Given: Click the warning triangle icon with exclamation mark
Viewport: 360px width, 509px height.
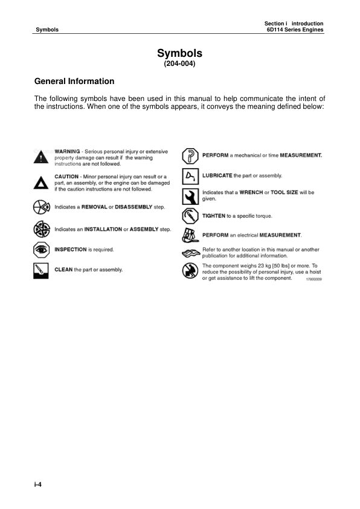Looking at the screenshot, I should click(40, 158).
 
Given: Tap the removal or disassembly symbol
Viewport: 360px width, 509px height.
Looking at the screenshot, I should click(40, 207).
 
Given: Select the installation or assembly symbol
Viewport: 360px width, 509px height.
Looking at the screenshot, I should click(40, 230).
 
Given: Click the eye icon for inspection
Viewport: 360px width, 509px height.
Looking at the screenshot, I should click(40, 249).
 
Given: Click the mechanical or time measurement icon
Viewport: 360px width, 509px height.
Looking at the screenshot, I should click(190, 155).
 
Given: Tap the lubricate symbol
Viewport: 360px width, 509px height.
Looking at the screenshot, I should click(190, 176).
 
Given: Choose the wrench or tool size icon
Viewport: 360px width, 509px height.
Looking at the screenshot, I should click(190, 196).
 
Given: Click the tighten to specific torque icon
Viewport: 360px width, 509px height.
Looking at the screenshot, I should click(190, 216).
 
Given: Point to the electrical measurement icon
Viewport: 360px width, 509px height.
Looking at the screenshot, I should click(190, 235).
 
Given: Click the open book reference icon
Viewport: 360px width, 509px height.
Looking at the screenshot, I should click(190, 252).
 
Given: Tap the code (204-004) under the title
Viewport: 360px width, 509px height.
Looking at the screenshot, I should click(179, 61).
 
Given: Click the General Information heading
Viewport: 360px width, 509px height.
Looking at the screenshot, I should click(74, 81).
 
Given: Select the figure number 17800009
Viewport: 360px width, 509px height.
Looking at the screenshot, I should click(312, 280).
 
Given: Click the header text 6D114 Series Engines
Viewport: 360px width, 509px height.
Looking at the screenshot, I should click(295, 30).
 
